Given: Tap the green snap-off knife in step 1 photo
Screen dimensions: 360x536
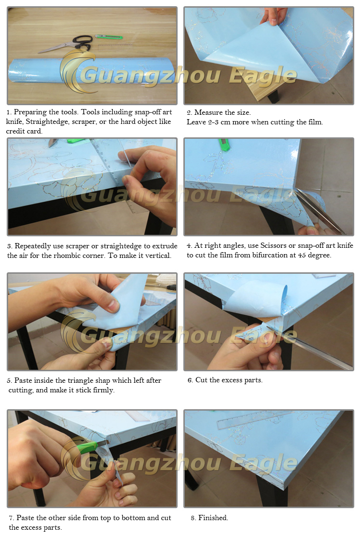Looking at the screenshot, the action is [108, 36].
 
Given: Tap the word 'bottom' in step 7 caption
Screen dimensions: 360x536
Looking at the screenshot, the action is [134, 518].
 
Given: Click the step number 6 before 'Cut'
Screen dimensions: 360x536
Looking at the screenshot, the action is [190, 380].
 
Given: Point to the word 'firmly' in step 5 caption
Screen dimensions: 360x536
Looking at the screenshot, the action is [103, 390].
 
